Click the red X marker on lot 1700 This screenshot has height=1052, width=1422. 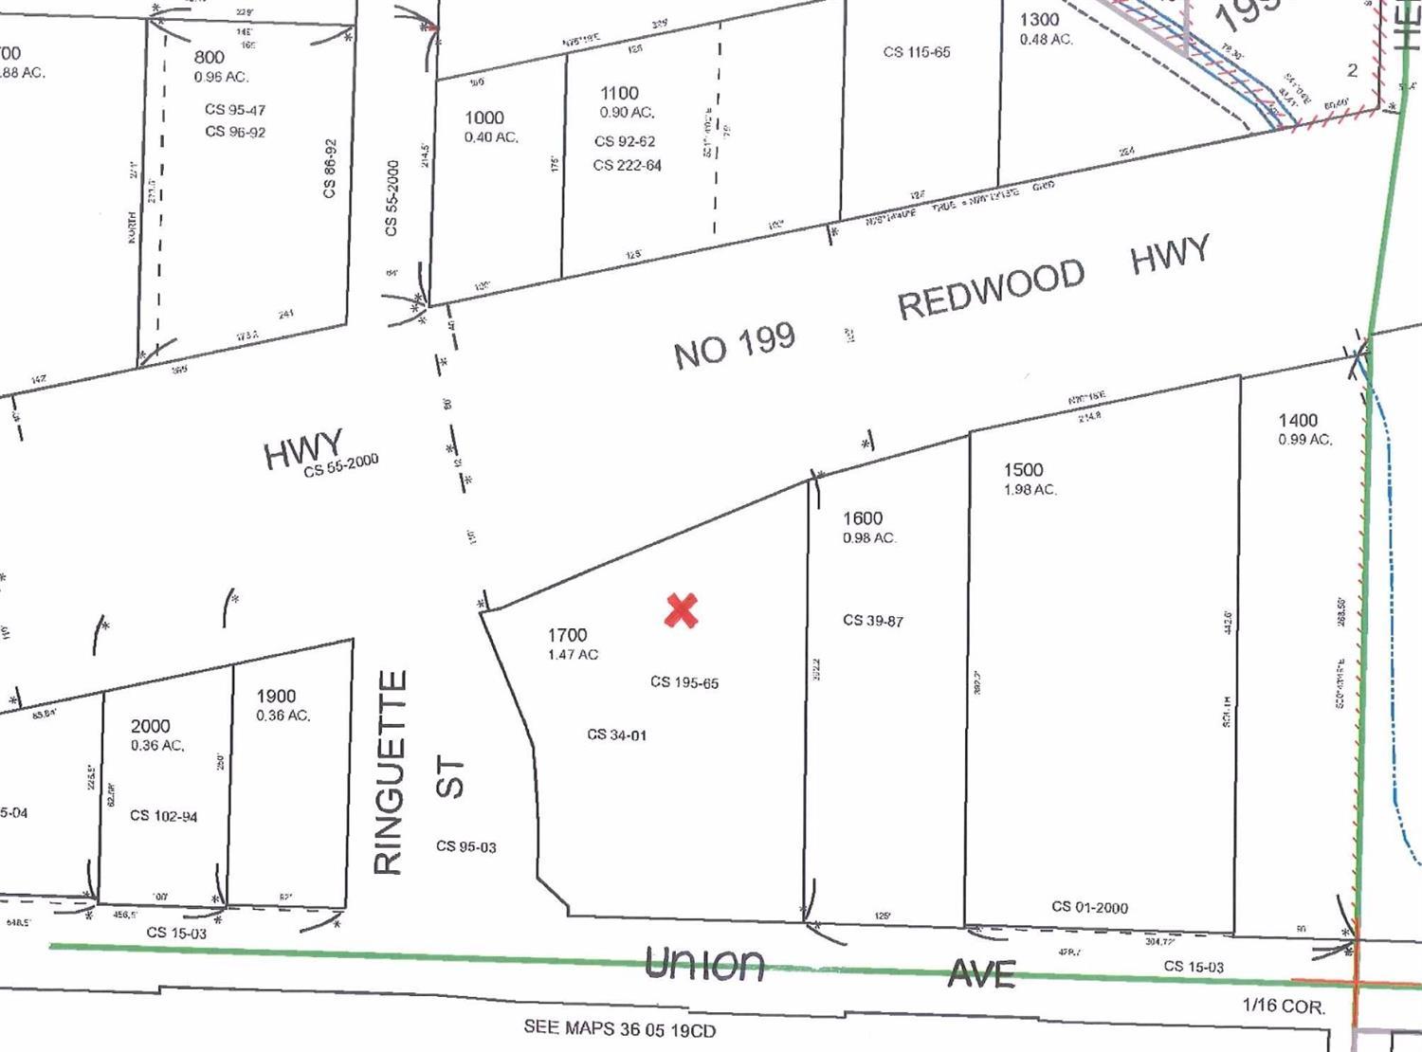pyautogui.click(x=682, y=611)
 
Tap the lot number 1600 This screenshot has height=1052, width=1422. pyautogui.click(x=862, y=518)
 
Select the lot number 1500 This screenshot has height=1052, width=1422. pyautogui.click(x=1023, y=470)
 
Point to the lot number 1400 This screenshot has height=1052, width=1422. pyautogui.click(x=1298, y=421)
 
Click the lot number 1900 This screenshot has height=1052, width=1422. pyautogui.click(x=276, y=697)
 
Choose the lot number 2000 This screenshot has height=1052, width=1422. pyautogui.click(x=151, y=726)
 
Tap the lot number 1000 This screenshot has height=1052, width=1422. pyautogui.click(x=483, y=118)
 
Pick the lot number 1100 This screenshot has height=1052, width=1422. pyautogui.click(x=619, y=93)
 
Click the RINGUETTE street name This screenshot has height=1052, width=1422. pyautogui.click(x=392, y=772)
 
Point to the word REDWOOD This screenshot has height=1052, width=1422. pyautogui.click(x=991, y=289)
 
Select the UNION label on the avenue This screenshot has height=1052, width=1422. pyautogui.click(x=704, y=965)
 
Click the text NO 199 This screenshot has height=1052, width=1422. pyautogui.click(x=734, y=346)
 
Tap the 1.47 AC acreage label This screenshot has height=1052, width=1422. pyautogui.click(x=573, y=655)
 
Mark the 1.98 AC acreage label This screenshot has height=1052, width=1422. pyautogui.click(x=1030, y=490)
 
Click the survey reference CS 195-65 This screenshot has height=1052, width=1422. pyautogui.click(x=684, y=682)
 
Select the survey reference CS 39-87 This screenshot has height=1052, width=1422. pyautogui.click(x=873, y=621)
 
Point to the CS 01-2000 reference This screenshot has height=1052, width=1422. pyautogui.click(x=1089, y=907)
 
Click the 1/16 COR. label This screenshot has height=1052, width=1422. pyautogui.click(x=1284, y=1007)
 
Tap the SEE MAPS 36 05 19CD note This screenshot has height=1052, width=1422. pyautogui.click(x=620, y=1029)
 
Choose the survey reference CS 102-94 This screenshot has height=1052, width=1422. pyautogui.click(x=164, y=816)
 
